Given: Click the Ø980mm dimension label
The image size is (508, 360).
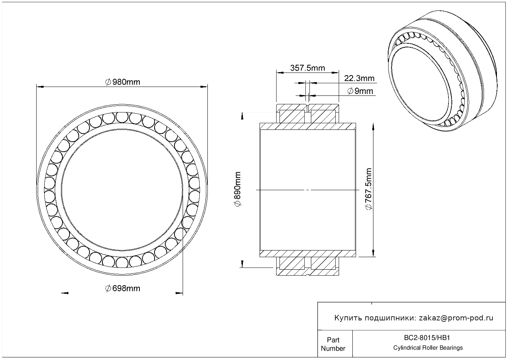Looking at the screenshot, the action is (123, 82).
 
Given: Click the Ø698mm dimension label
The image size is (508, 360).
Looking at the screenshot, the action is (123, 289).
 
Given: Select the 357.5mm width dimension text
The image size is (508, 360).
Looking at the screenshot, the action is (308, 68).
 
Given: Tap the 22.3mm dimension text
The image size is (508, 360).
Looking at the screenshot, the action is (359, 78).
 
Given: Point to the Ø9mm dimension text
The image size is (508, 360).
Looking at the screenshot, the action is (360, 91).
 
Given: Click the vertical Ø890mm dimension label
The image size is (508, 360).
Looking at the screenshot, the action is (237, 189).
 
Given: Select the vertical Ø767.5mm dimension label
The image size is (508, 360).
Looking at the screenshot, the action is (369, 189).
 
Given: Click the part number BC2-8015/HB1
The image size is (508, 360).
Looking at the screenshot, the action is (427, 338).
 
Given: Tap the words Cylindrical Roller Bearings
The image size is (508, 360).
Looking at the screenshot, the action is (428, 348).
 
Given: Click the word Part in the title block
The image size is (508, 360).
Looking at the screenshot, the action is (333, 340).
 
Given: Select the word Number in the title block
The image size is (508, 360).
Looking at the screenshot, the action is (333, 349).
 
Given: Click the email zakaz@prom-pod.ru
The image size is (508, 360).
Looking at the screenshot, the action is (456, 318).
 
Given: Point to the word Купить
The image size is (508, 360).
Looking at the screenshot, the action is (348, 318).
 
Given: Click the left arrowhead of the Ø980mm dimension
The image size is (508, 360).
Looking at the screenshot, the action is (40, 87).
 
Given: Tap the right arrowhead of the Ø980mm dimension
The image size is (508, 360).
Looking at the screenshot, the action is (204, 87).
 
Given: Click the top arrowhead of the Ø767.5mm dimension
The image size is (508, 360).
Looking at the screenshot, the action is (373, 127).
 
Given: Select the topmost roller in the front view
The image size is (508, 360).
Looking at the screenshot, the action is (122, 118).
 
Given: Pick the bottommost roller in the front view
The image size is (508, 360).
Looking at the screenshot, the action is (122, 263).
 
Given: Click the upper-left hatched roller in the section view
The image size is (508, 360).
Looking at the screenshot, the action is (292, 117).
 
